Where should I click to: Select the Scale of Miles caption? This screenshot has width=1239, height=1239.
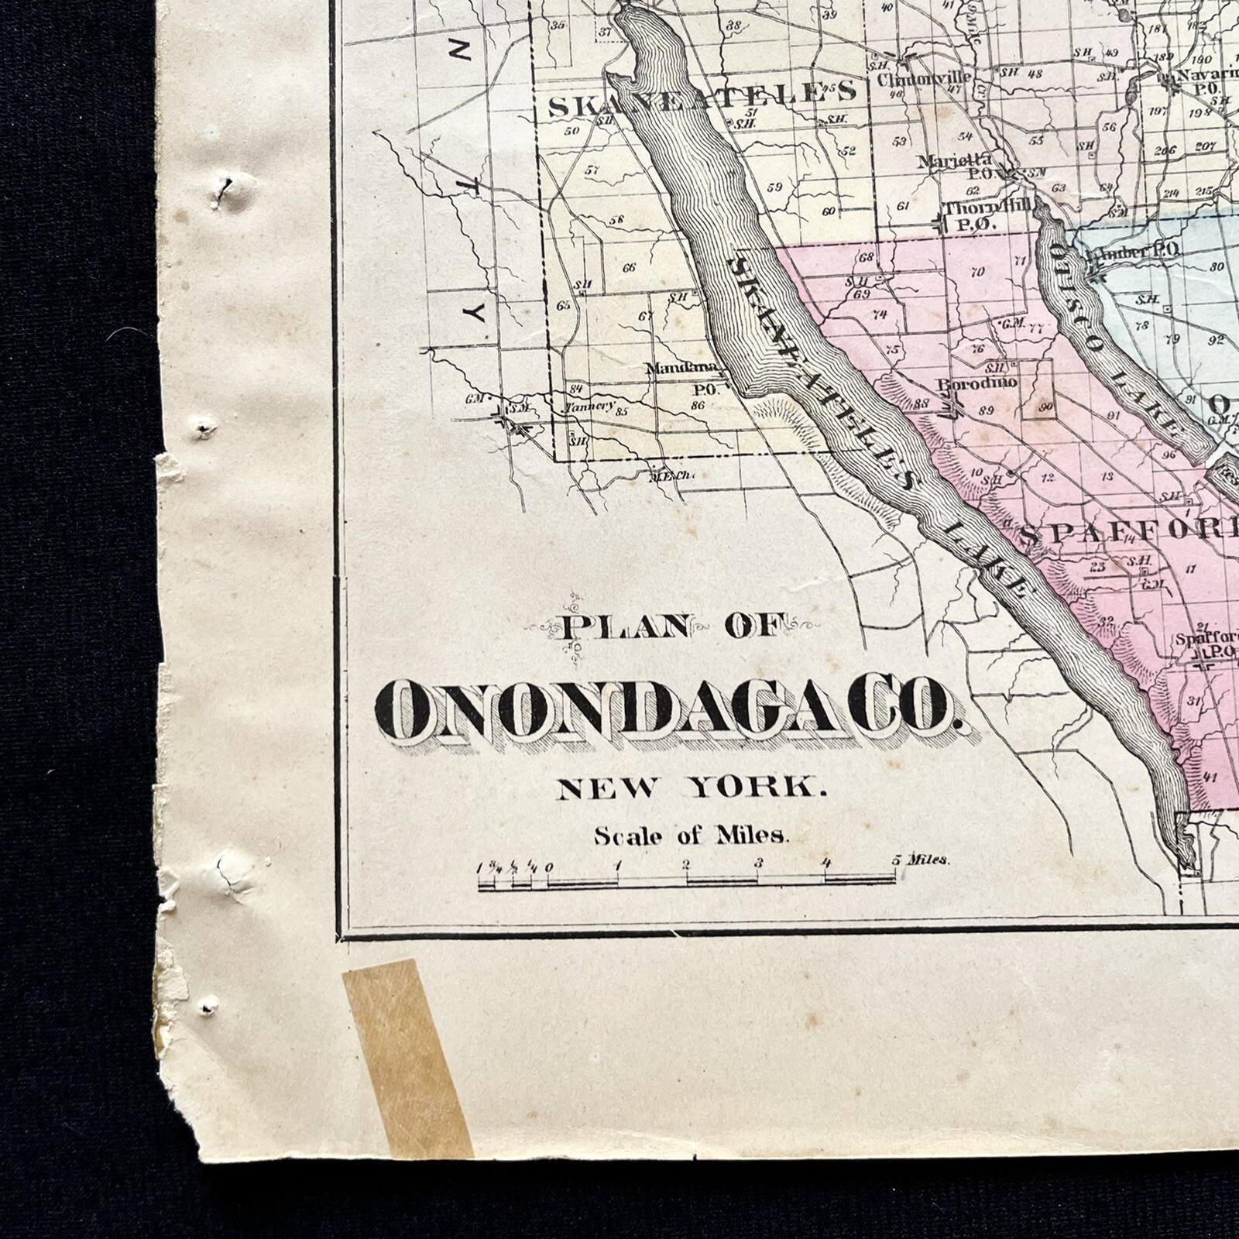691,836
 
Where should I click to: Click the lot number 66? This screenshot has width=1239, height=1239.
629,268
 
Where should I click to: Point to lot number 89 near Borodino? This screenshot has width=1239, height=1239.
985,411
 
